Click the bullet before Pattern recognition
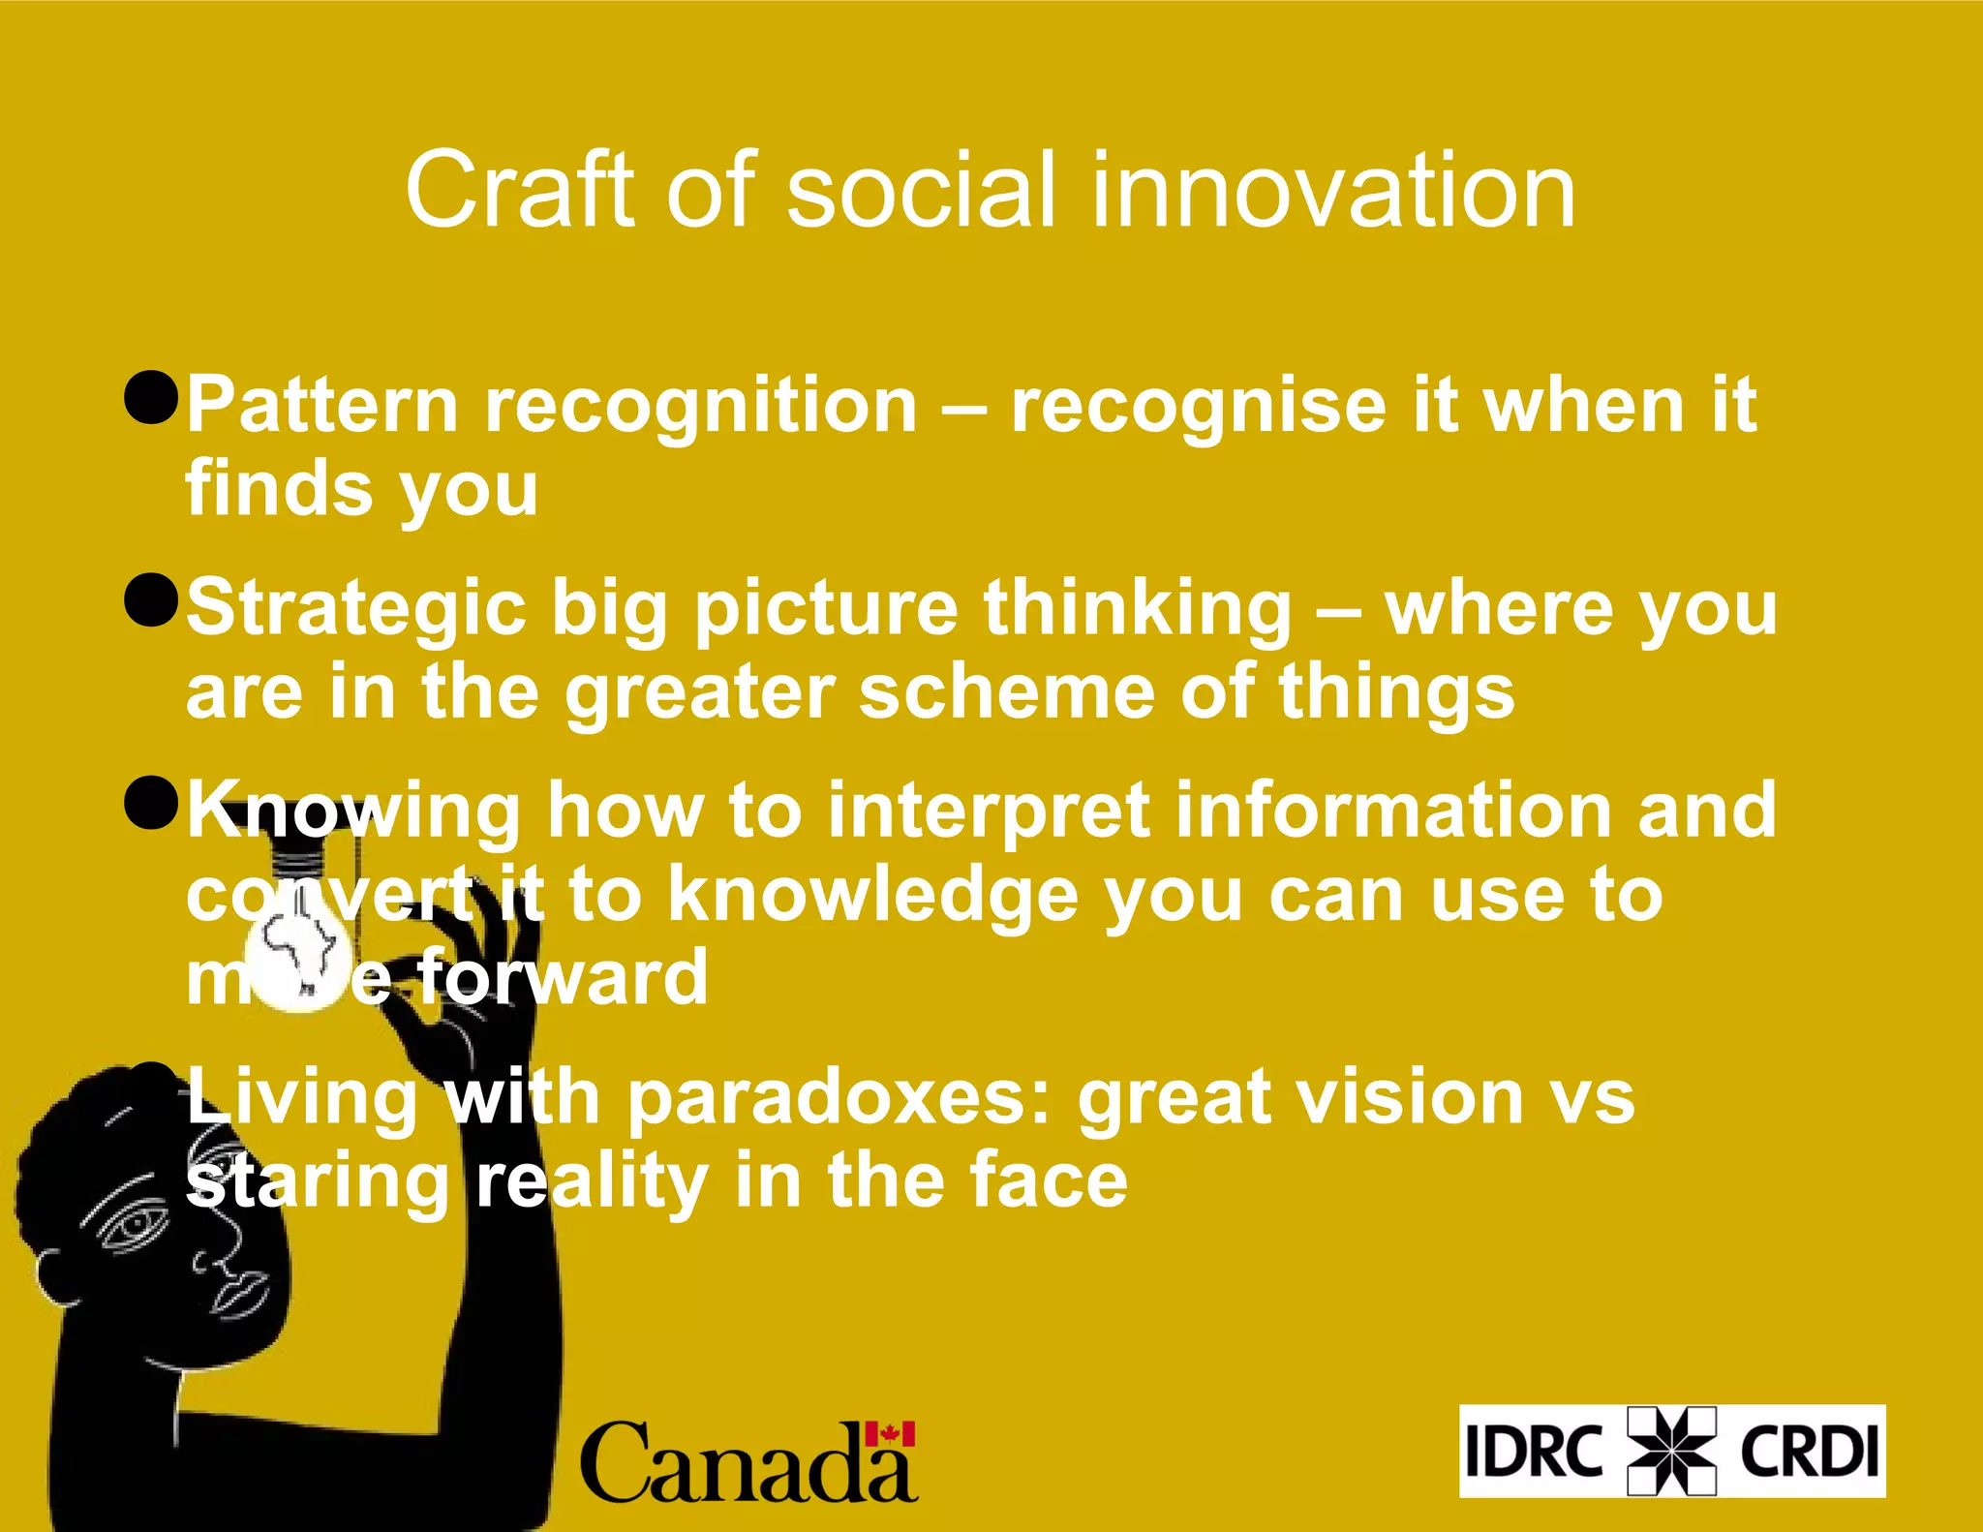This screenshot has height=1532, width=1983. (152, 397)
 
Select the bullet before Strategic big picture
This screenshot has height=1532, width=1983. (152, 599)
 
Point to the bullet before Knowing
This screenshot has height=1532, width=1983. (152, 803)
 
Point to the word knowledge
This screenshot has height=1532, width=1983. (872, 896)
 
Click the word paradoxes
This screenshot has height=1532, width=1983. (839, 1098)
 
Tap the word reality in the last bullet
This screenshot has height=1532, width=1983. (592, 1182)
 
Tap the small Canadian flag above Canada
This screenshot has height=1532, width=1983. (890, 1434)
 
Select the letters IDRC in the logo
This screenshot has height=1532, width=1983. (1534, 1451)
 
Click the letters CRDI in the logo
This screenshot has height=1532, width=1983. (1809, 1451)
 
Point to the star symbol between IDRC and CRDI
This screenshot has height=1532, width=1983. (1671, 1451)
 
